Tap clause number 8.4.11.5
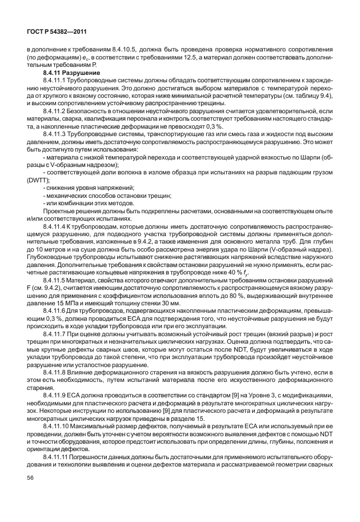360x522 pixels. pyautogui.click(x=57, y=286)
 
